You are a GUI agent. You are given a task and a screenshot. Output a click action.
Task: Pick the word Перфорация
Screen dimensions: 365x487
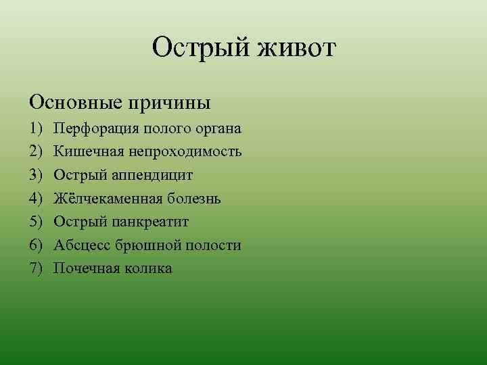[97, 128]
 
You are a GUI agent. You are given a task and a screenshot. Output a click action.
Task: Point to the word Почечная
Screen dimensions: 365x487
[86, 268]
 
